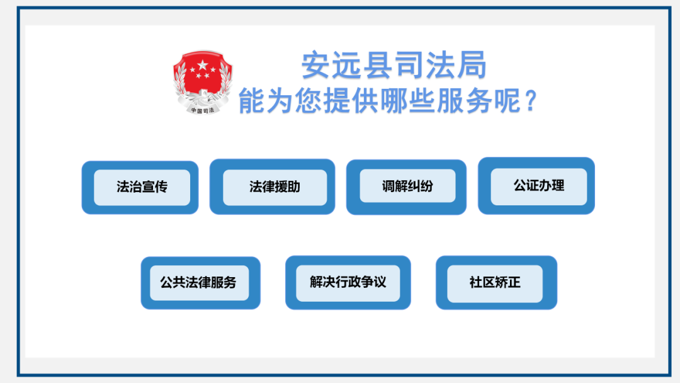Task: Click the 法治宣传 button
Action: click(140, 187)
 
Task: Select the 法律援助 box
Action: click(273, 187)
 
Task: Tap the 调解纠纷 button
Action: click(406, 187)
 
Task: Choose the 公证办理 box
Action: click(536, 186)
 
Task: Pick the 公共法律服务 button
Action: click(201, 283)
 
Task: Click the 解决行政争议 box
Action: click(348, 282)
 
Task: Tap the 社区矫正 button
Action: click(497, 282)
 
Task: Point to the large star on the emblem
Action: click(203, 66)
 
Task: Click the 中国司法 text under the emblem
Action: click(203, 111)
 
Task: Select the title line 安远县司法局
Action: click(394, 65)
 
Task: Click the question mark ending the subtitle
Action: click(531, 101)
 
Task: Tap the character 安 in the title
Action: click(316, 65)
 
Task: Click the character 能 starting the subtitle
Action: click(252, 101)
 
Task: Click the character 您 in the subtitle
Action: click(309, 101)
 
